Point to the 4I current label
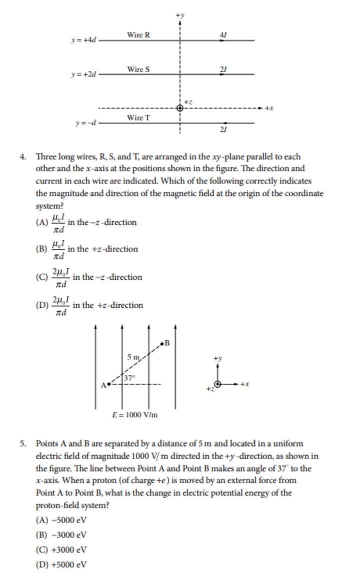pos(223,35)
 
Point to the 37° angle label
pos(129,378)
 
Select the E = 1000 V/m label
pos(135,414)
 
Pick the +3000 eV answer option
pos(62,550)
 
